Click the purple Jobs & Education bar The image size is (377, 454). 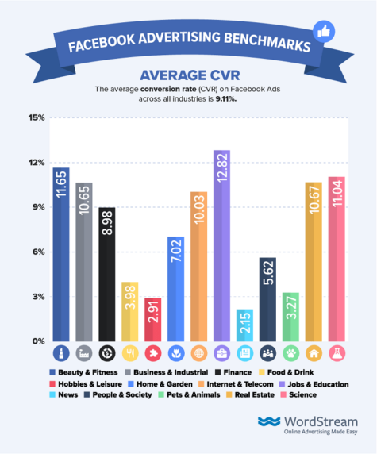(x=221, y=246)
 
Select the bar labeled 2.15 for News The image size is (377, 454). (x=244, y=325)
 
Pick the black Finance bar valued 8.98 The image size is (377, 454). (x=106, y=275)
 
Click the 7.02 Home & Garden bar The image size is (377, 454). (x=175, y=289)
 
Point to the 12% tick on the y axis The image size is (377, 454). (x=37, y=163)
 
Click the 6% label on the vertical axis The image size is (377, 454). (x=38, y=252)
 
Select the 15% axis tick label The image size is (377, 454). (x=37, y=118)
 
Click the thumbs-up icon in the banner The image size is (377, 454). (x=323, y=33)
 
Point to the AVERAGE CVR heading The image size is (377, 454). (x=188, y=75)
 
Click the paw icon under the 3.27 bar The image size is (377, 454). (x=290, y=352)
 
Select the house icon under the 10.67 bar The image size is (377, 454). (x=314, y=352)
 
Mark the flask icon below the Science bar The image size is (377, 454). (x=337, y=352)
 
